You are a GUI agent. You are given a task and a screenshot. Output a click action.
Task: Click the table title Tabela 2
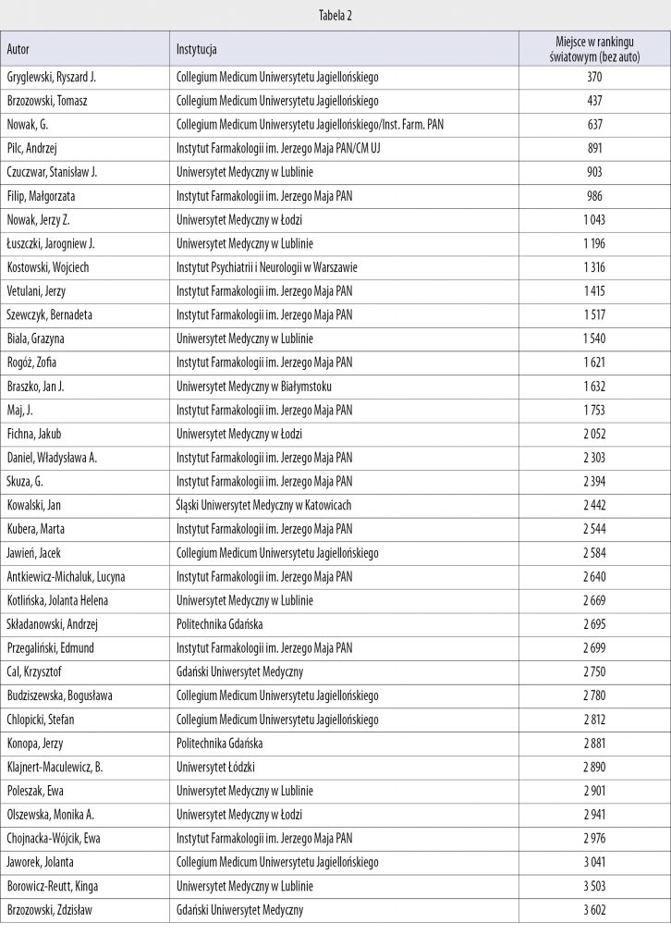(x=335, y=15)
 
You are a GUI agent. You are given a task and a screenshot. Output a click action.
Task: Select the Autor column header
(x=18, y=48)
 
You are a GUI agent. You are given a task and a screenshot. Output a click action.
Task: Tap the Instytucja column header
(x=197, y=48)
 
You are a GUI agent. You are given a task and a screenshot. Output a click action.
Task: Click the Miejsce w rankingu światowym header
(x=593, y=48)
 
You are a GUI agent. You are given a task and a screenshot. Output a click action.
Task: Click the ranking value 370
(x=594, y=77)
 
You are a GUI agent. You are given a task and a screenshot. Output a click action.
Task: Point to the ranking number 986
(x=594, y=196)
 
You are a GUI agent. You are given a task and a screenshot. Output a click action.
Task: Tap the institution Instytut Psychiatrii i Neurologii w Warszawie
(x=266, y=267)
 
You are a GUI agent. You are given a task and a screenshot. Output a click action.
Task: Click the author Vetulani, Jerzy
(x=37, y=291)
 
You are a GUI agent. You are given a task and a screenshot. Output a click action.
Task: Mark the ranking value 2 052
(x=594, y=434)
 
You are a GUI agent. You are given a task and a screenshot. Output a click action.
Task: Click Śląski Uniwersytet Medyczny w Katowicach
(x=263, y=506)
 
